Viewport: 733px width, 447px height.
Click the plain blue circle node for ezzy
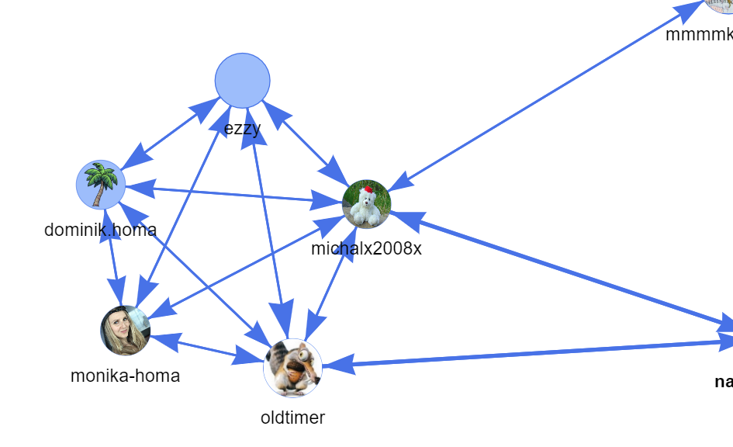click(242, 81)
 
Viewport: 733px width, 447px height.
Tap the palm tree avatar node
click(101, 185)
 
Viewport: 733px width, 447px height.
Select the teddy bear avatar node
click(366, 204)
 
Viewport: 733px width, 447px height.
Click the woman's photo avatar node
click(125, 330)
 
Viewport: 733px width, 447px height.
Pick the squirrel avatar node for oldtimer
click(292, 368)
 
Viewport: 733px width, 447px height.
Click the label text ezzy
click(242, 128)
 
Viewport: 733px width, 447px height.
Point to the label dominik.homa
click(100, 230)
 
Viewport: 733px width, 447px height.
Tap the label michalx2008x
click(366, 248)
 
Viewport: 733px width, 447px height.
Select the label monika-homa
click(125, 376)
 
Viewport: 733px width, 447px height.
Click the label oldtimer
click(292, 418)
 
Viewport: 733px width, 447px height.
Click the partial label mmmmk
click(698, 35)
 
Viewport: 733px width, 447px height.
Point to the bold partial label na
click(723, 382)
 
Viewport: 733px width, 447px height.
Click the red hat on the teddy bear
click(368, 189)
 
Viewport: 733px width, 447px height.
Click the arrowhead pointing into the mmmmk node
click(689, 9)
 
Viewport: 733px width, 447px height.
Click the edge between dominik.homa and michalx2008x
click(233, 194)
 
